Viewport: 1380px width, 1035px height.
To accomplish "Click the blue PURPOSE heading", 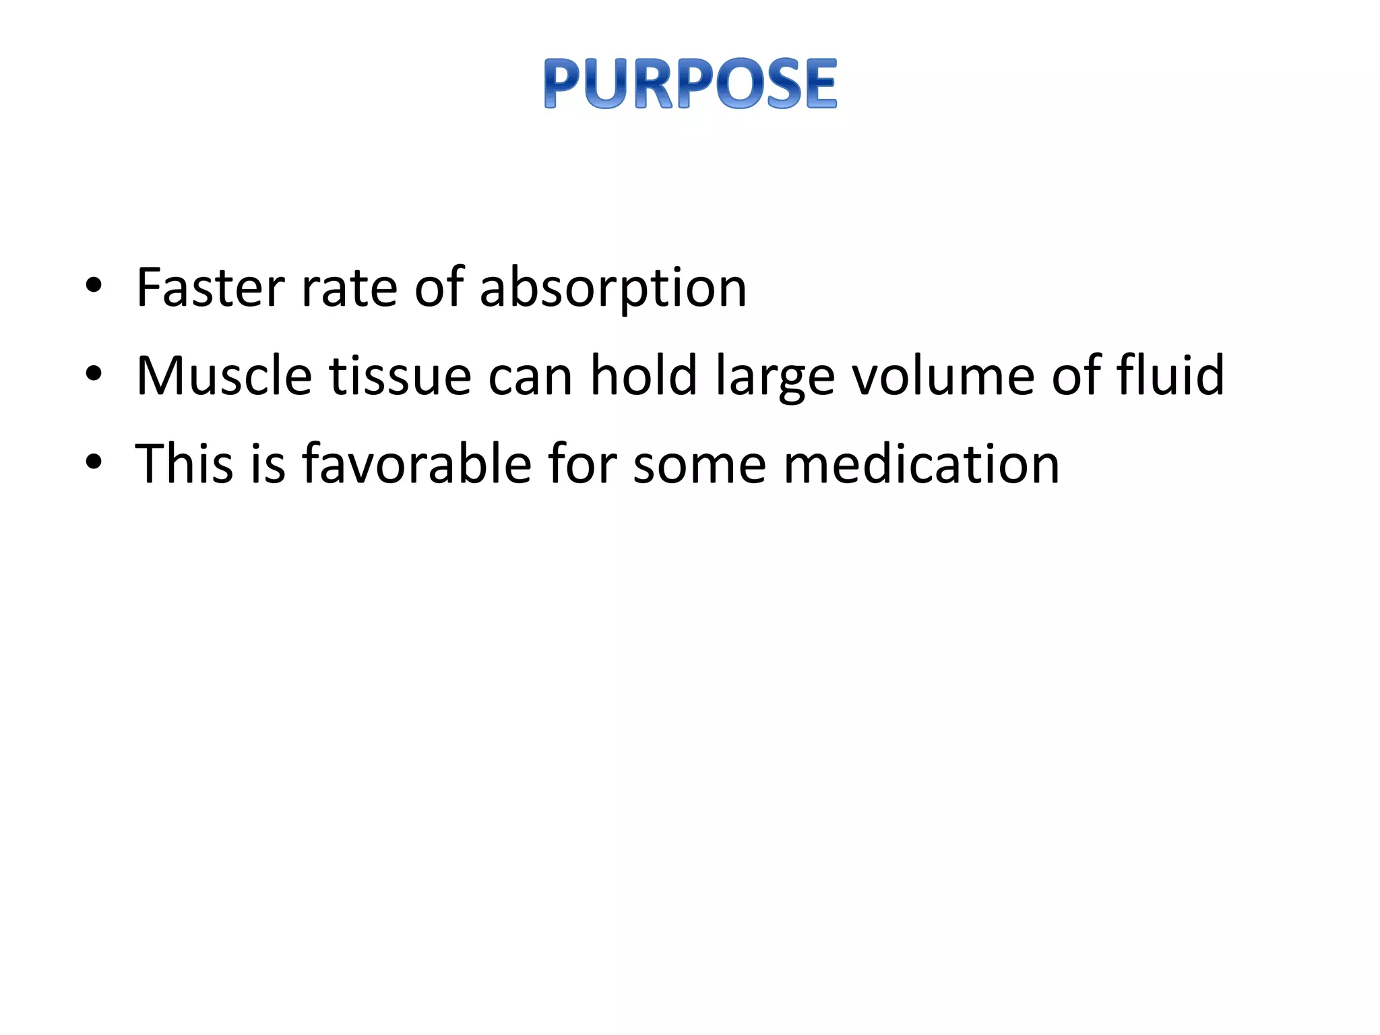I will [x=690, y=84].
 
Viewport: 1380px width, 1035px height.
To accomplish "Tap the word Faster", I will [x=210, y=288].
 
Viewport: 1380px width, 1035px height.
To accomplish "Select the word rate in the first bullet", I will [x=348, y=288].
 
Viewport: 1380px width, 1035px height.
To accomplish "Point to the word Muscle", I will [x=224, y=375].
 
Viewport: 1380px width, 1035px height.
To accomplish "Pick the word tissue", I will [x=400, y=375].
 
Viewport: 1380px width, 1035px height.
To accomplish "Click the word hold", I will [x=644, y=375].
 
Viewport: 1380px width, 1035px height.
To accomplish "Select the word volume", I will [x=943, y=375].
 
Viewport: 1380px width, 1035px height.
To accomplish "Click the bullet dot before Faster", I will [x=94, y=286].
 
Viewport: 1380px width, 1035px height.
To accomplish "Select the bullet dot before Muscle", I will [x=94, y=373].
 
